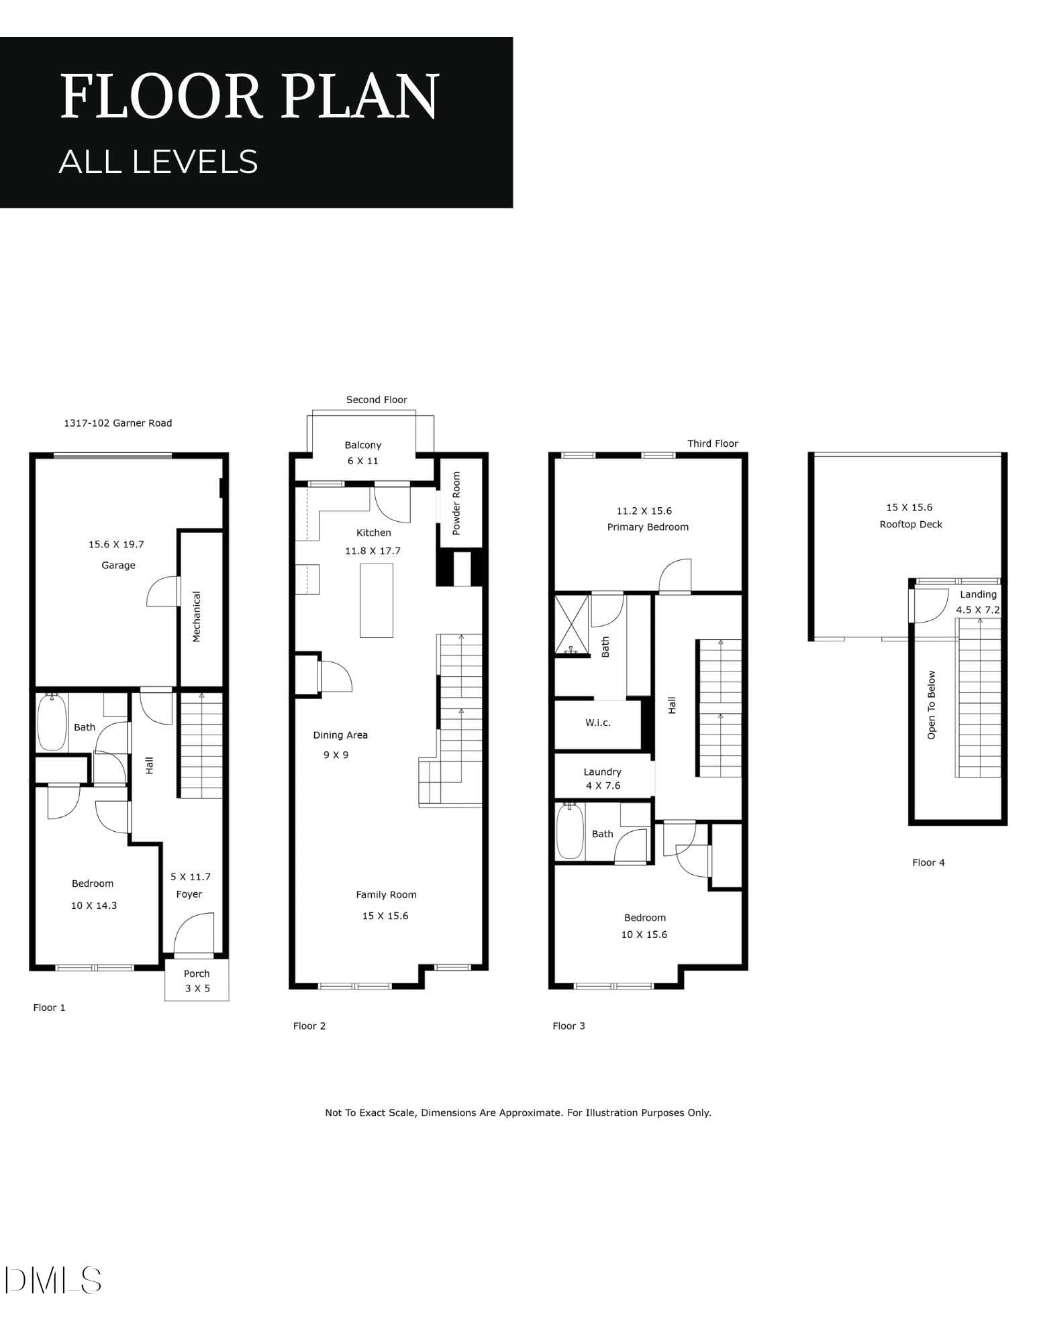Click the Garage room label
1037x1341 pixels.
click(118, 566)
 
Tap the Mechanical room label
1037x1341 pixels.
click(197, 616)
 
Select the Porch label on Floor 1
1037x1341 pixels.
click(197, 973)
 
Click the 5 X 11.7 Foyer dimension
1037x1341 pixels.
click(191, 877)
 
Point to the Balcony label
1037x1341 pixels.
click(363, 445)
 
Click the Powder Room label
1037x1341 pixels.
click(456, 503)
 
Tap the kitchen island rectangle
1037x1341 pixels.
click(377, 600)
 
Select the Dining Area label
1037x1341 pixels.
click(340, 735)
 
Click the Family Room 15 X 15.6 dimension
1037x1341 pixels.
click(385, 916)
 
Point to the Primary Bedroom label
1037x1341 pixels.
click(648, 527)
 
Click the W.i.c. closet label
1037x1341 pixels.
click(598, 722)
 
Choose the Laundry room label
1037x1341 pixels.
click(602, 772)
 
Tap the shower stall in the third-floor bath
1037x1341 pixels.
click(572, 625)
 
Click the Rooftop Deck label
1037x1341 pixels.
click(911, 525)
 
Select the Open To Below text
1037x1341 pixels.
click(931, 705)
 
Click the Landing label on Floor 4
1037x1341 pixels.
click(978, 594)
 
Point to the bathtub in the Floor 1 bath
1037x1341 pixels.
click(52, 722)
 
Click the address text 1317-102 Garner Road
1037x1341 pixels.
click(118, 423)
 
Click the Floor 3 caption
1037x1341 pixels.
click(569, 1026)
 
